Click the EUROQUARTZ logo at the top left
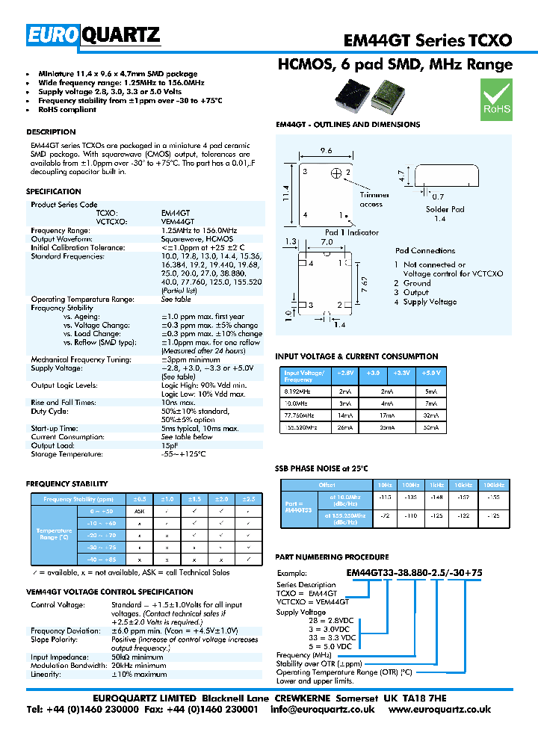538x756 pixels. pos(93,34)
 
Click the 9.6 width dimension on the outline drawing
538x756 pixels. pos(326,151)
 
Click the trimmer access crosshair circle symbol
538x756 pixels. pos(336,173)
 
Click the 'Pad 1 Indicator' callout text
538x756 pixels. pos(351,232)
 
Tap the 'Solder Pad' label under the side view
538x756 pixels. pos(445,209)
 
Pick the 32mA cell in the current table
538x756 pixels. pos(431,415)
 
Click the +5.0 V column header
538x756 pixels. pos(431,372)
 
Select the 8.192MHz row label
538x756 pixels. pos(298,390)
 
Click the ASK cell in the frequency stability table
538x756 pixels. pos(139,512)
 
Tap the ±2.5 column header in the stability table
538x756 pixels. pos(248,498)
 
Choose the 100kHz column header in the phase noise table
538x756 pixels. pos(492,485)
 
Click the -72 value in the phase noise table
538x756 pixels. pos(386,516)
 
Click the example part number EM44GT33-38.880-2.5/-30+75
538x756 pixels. pos(415,573)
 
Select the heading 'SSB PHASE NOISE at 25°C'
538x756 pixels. pos(322,468)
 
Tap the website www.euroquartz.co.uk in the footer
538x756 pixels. pos(439,710)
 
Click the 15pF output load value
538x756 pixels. pos(170,445)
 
